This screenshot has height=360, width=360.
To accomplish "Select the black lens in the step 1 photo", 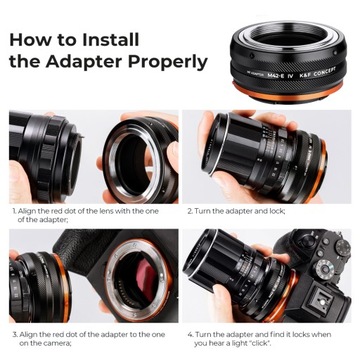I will click(x=40, y=150).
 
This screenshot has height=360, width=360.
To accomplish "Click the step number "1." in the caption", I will click(x=14, y=212).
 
